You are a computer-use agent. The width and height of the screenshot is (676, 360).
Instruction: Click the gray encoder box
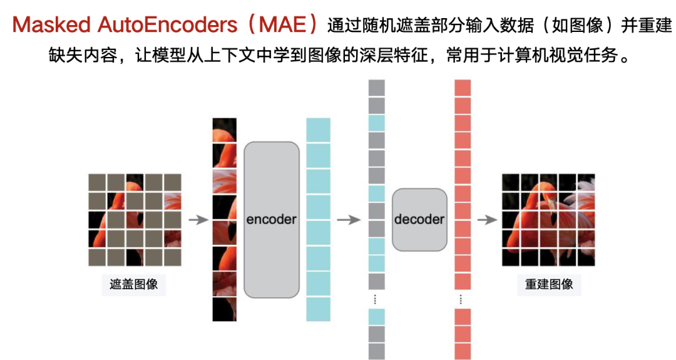click(x=271, y=219)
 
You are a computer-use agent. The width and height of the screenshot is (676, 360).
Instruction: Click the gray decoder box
click(x=419, y=219)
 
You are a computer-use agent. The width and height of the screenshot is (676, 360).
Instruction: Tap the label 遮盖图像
click(x=133, y=284)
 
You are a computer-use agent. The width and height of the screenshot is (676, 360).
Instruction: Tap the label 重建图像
click(x=549, y=284)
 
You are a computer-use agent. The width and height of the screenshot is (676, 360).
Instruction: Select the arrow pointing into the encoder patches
click(x=198, y=219)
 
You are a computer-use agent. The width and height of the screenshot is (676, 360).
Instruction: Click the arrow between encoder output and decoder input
click(x=348, y=219)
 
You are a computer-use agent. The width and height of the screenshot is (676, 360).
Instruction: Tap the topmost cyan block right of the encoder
click(x=318, y=130)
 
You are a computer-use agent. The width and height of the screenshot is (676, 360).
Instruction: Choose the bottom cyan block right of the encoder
click(x=318, y=309)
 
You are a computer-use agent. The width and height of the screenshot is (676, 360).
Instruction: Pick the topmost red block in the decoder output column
click(x=463, y=88)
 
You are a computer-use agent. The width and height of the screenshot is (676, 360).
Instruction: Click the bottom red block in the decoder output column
click(x=463, y=351)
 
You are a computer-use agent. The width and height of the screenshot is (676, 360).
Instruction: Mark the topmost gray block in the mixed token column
click(x=376, y=88)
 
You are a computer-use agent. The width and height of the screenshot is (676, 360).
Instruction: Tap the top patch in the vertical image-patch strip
click(x=224, y=130)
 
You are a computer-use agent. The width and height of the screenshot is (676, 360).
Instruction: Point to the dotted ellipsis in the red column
click(x=463, y=299)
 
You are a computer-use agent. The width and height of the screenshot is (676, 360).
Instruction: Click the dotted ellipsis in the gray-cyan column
click(x=376, y=299)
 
